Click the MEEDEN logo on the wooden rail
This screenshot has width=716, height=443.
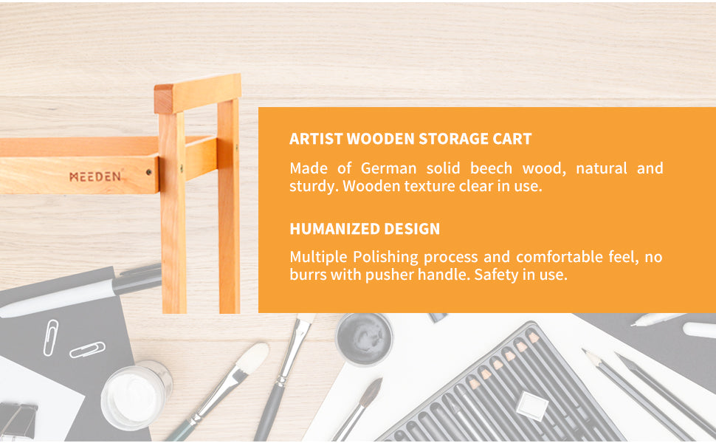pyautogui.click(x=95, y=176)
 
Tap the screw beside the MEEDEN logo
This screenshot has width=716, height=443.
pyautogui.click(x=149, y=172)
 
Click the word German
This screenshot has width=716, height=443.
pyautogui.click(x=388, y=168)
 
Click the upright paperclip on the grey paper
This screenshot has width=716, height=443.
pyautogui.click(x=50, y=337)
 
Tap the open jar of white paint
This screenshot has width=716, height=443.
pyautogui.click(x=137, y=394)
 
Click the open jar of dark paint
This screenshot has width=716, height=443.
pyautogui.click(x=364, y=338)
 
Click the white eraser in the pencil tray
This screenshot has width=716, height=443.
pyautogui.click(x=531, y=405)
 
